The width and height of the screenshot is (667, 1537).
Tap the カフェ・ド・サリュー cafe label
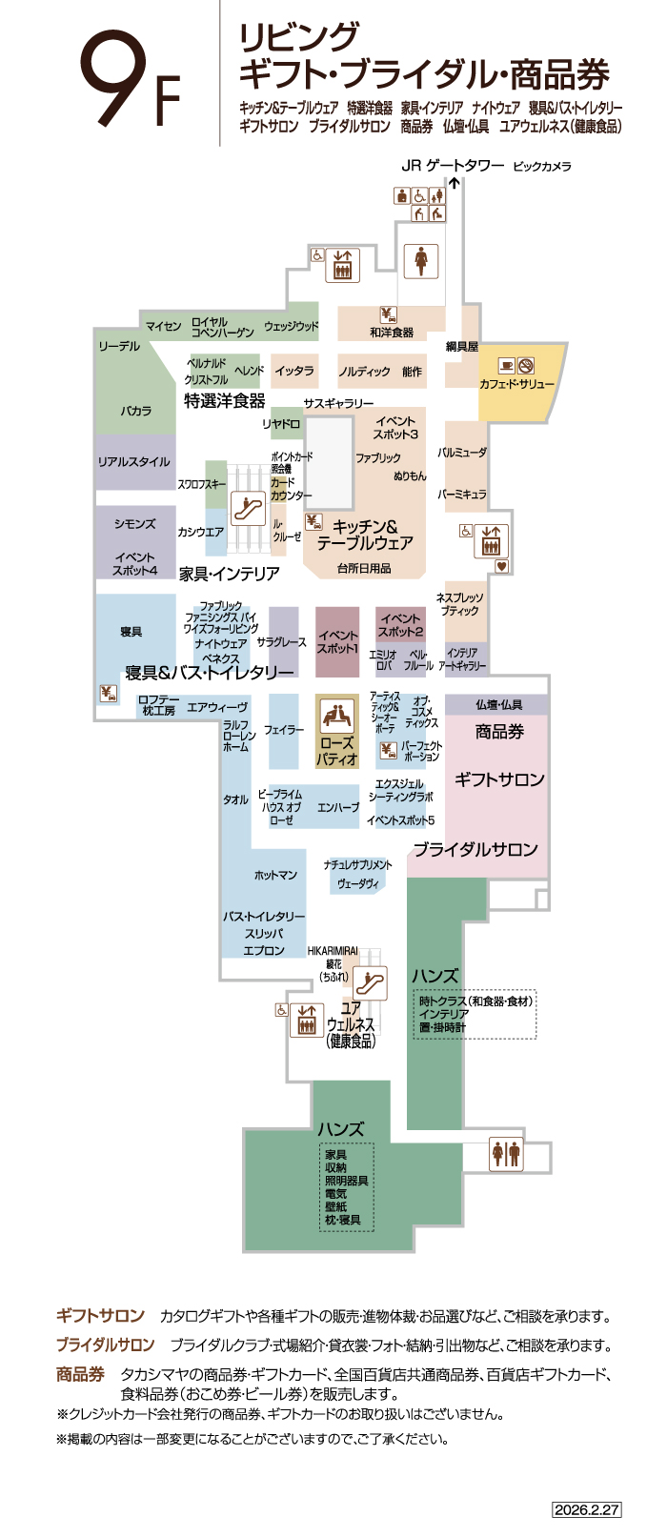click(516, 384)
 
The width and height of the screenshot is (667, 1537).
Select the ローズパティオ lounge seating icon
click(336, 716)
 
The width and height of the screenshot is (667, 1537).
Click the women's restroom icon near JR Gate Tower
click(420, 260)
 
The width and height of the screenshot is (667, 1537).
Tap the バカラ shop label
click(135, 411)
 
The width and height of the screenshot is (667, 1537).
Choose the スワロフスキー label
click(201, 484)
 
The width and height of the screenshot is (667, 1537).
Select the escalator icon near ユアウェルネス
click(370, 982)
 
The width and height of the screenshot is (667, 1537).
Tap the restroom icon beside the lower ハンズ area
click(506, 1153)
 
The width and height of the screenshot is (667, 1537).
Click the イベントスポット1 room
click(337, 641)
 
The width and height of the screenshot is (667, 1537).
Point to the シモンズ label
click(134, 524)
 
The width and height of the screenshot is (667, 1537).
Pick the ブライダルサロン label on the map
click(475, 849)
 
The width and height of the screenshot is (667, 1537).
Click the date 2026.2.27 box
click(587, 1509)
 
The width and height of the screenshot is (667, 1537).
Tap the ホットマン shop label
click(275, 875)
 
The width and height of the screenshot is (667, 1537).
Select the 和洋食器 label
click(392, 333)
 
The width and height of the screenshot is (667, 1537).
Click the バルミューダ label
click(462, 453)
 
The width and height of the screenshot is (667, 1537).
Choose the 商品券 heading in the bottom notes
click(80, 1374)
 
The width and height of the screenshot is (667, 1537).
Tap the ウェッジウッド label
click(291, 326)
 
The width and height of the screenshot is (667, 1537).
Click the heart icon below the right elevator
click(503, 566)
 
